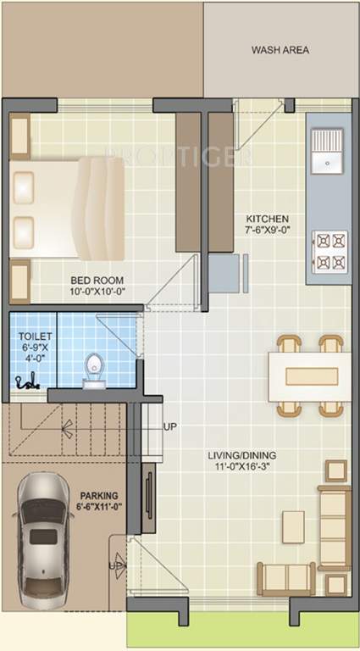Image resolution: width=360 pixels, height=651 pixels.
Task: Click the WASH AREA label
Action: click(280, 50)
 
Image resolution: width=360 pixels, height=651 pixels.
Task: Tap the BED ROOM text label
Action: click(97, 279)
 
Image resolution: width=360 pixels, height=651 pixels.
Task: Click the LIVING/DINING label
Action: click(242, 455)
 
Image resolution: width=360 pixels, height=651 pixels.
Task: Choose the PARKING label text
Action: click(99, 495)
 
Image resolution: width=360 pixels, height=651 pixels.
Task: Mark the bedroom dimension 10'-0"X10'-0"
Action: click(97, 292)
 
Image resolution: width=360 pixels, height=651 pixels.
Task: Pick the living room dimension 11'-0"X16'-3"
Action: click(242, 468)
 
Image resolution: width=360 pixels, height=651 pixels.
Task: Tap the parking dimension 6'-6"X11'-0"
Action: click(99, 507)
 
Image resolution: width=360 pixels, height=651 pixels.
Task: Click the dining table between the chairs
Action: click(308, 376)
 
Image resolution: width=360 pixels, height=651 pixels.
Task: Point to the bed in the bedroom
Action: click(68, 208)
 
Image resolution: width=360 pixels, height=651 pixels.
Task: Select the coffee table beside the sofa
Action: click(291, 525)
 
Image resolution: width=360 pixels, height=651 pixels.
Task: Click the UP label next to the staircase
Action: click(170, 426)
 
